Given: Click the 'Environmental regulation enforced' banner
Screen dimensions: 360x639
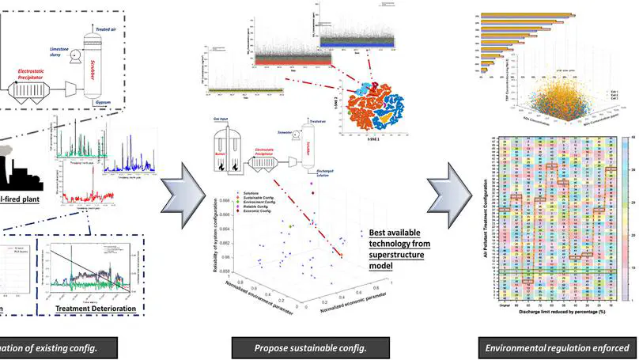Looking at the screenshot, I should pyautogui.click(x=560, y=347).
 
